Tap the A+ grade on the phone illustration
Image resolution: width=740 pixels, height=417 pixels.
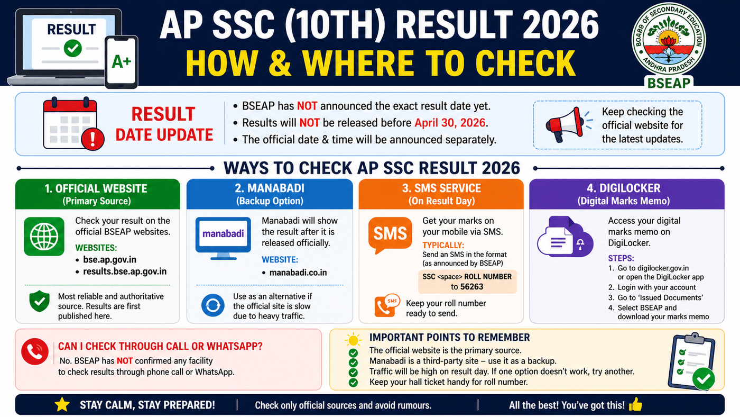(122, 62)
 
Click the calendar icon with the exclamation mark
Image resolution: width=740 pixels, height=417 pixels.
(70, 124)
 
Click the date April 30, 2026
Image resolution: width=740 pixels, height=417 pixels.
(450, 123)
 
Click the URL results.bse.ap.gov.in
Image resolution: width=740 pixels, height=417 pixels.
(125, 271)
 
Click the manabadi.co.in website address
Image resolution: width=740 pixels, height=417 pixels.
(298, 273)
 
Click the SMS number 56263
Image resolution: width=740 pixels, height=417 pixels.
(467, 286)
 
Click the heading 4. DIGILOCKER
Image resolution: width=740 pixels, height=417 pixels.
(626, 188)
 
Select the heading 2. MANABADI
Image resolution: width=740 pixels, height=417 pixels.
(269, 188)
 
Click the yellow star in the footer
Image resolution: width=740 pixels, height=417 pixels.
(62, 405)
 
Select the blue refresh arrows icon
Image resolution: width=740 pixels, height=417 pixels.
(213, 306)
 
